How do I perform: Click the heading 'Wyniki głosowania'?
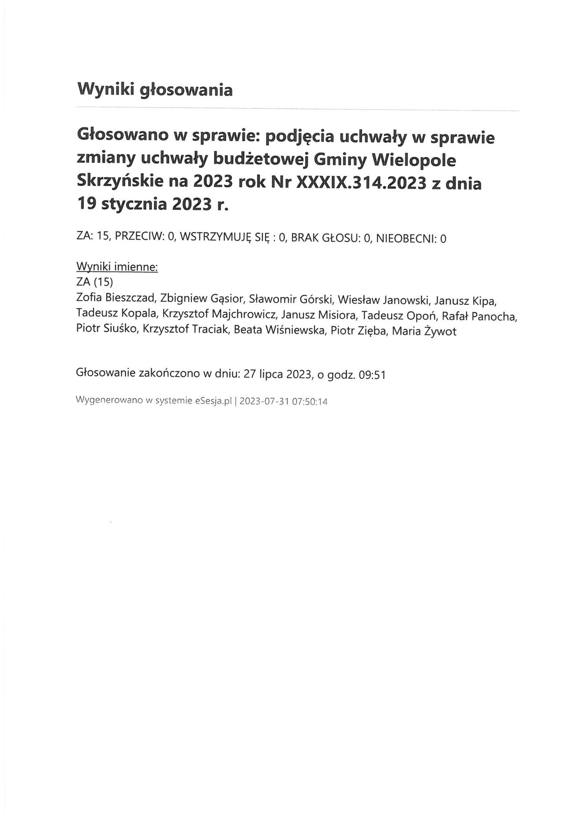click(x=155, y=90)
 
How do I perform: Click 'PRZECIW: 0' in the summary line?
click(x=145, y=238)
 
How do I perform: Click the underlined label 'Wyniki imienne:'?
click(x=117, y=267)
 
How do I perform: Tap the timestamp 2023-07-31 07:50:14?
click(x=283, y=401)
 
